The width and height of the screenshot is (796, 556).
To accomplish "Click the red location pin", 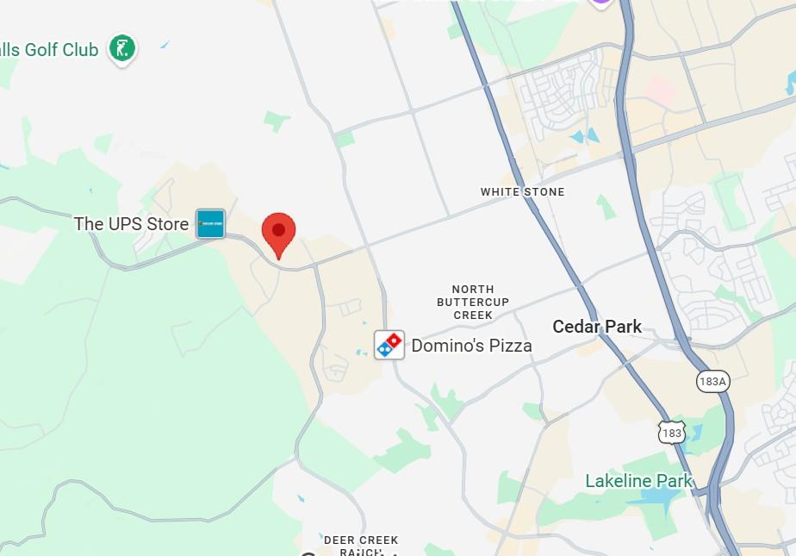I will pos(278,231).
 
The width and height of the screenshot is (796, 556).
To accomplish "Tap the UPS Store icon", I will pos(210,224).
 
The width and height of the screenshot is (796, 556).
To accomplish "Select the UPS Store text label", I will pos(131,224).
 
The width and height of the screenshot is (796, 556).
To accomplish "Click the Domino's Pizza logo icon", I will pos(389,345).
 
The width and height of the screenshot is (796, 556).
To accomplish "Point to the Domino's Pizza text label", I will pos(471,346).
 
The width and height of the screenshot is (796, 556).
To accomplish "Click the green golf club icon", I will pos(121,48).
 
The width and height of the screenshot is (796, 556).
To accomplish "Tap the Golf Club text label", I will pos(49,50).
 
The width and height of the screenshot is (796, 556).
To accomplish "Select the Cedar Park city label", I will pos(597,327).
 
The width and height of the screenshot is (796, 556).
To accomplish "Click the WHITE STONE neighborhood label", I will pos(522,191).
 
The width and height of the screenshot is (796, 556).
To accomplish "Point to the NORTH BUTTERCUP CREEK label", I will pos(473,303).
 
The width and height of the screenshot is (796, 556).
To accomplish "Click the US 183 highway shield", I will pos(672,432).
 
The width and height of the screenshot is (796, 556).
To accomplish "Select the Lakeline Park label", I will pos(639,481).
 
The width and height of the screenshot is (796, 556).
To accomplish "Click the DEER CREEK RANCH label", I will pos(361,546).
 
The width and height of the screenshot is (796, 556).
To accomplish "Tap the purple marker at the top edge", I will pos(601,3).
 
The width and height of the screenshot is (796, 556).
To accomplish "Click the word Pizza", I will pos(509,346).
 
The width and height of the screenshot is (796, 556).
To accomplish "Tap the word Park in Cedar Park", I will pos(623,327).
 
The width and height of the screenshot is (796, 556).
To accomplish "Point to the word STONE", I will pos(544,191).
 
